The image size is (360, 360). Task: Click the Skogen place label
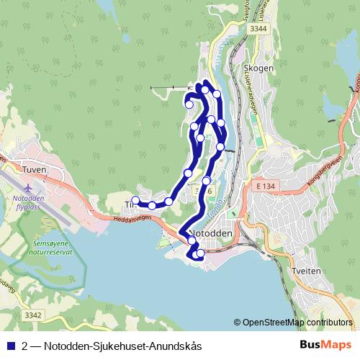pyautogui.click(x=258, y=68)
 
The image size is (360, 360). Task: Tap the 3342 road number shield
pyautogui.click(x=32, y=315)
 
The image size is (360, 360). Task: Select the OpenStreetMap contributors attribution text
pyautogui.click(x=297, y=323)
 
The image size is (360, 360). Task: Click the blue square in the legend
pyautogui.click(x=10, y=346)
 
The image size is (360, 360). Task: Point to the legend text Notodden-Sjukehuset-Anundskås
pyautogui.click(x=122, y=346)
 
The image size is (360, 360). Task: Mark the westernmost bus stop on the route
pyautogui.click(x=135, y=201)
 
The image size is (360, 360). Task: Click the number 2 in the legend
pyautogui.click(x=25, y=346)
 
